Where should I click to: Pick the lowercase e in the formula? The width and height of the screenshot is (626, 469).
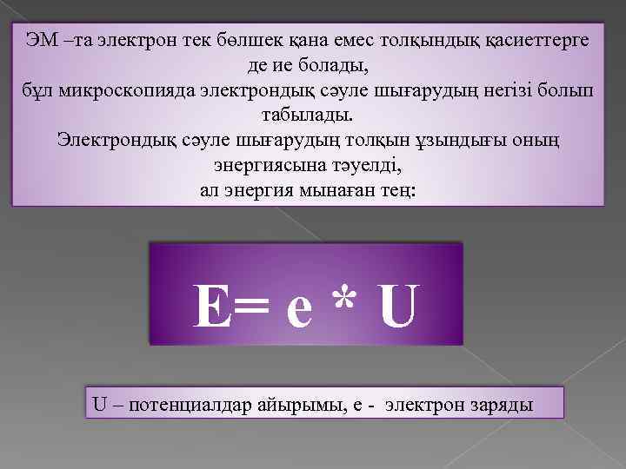[x=298, y=313]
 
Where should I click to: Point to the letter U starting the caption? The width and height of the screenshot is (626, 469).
[x=99, y=404]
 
